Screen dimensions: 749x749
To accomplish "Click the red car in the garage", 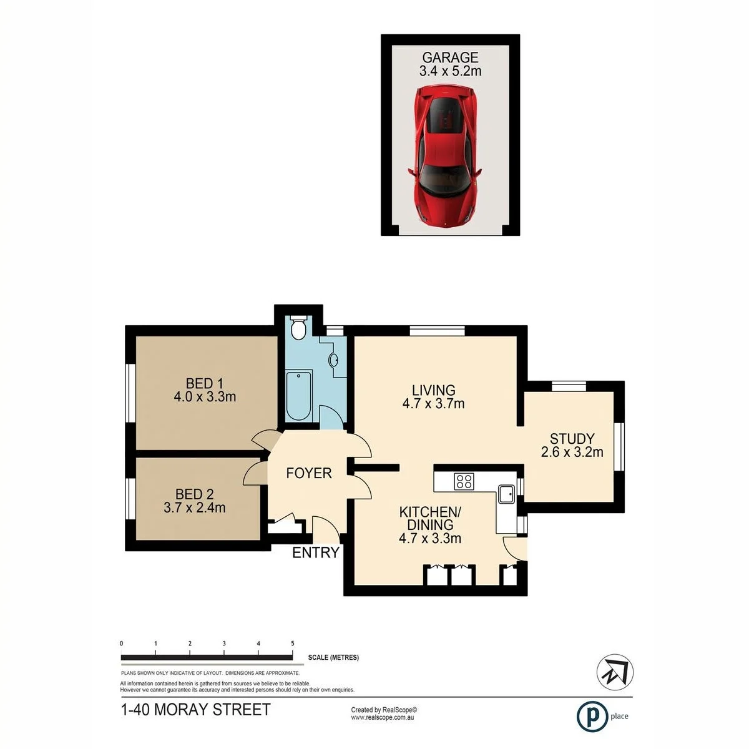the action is coord(445,156).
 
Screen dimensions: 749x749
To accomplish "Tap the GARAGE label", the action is coord(450,57).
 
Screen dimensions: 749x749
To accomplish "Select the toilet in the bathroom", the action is coord(298,329).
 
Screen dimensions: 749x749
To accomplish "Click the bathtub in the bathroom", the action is coord(299,395).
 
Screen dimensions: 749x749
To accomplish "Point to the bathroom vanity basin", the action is coord(333,360).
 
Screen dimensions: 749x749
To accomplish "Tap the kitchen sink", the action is coord(506,494).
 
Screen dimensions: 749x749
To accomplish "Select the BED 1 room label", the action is coord(205,384).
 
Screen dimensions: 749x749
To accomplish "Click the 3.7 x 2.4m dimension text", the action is coord(194,507).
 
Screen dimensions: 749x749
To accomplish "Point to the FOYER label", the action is coord(308,473).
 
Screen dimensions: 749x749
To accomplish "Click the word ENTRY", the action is coord(316,552).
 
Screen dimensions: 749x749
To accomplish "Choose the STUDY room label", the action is coord(572,439).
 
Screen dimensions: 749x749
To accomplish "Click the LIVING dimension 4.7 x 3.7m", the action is coord(433,403).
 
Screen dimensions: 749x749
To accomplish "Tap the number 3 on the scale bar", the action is coord(224,644).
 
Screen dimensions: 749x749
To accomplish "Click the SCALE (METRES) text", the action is coord(333,658).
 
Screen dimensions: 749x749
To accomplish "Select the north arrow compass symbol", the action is coord(615,672).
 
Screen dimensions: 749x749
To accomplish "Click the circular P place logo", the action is coord(592,717).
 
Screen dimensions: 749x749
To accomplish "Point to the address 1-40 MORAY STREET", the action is coord(195,710).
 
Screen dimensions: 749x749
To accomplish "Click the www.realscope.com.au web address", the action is coord(382,717).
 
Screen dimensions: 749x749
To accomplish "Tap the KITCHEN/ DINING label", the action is coord(430,518).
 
